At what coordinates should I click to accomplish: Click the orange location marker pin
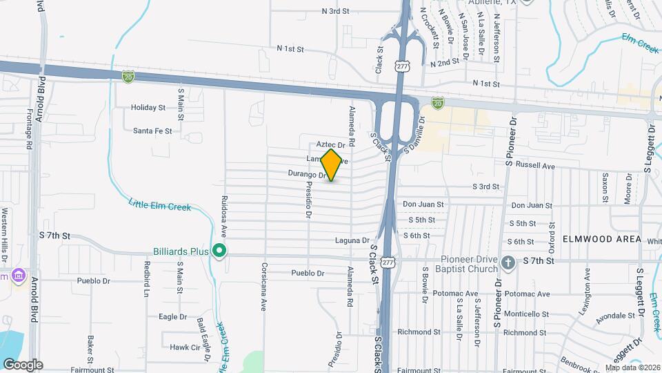[x=332, y=165]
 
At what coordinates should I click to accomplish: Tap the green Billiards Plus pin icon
[x=219, y=250]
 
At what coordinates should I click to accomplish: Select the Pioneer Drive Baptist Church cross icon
[x=508, y=261]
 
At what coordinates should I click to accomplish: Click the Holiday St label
[x=148, y=108]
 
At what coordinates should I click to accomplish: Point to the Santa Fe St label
[x=152, y=131]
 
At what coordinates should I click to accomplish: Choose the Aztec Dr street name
[x=330, y=145]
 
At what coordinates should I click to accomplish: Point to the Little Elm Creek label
[x=159, y=204]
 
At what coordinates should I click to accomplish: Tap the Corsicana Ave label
[x=263, y=286]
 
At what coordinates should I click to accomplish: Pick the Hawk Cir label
[x=184, y=347]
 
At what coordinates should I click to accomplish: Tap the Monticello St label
[x=525, y=314]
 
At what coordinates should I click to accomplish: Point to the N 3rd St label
[x=337, y=11]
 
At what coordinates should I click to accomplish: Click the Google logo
[x=23, y=365]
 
